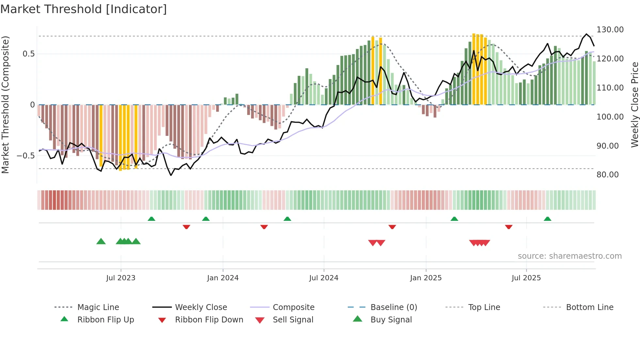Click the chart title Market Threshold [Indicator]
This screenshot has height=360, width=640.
tap(84, 9)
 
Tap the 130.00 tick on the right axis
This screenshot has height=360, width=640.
tap(610, 30)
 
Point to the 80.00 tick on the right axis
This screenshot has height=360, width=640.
tap(607, 175)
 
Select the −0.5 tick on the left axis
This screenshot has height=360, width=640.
tap(26, 156)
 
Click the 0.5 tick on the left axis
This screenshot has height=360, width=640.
tap(28, 54)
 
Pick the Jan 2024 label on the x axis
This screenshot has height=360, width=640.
tap(223, 278)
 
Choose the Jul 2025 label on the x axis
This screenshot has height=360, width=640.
tap(526, 278)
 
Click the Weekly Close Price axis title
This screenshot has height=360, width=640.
tap(634, 105)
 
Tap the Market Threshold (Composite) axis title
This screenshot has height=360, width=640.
tap(5, 105)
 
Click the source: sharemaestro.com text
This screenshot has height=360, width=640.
tap(569, 256)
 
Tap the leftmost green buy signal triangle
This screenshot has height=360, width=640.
tap(101, 241)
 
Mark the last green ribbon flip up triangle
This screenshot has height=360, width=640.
tap(547, 219)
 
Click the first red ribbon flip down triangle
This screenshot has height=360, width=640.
tap(186, 227)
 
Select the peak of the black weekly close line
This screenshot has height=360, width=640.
tap(586, 34)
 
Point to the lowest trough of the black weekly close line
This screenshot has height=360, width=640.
tap(171, 175)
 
